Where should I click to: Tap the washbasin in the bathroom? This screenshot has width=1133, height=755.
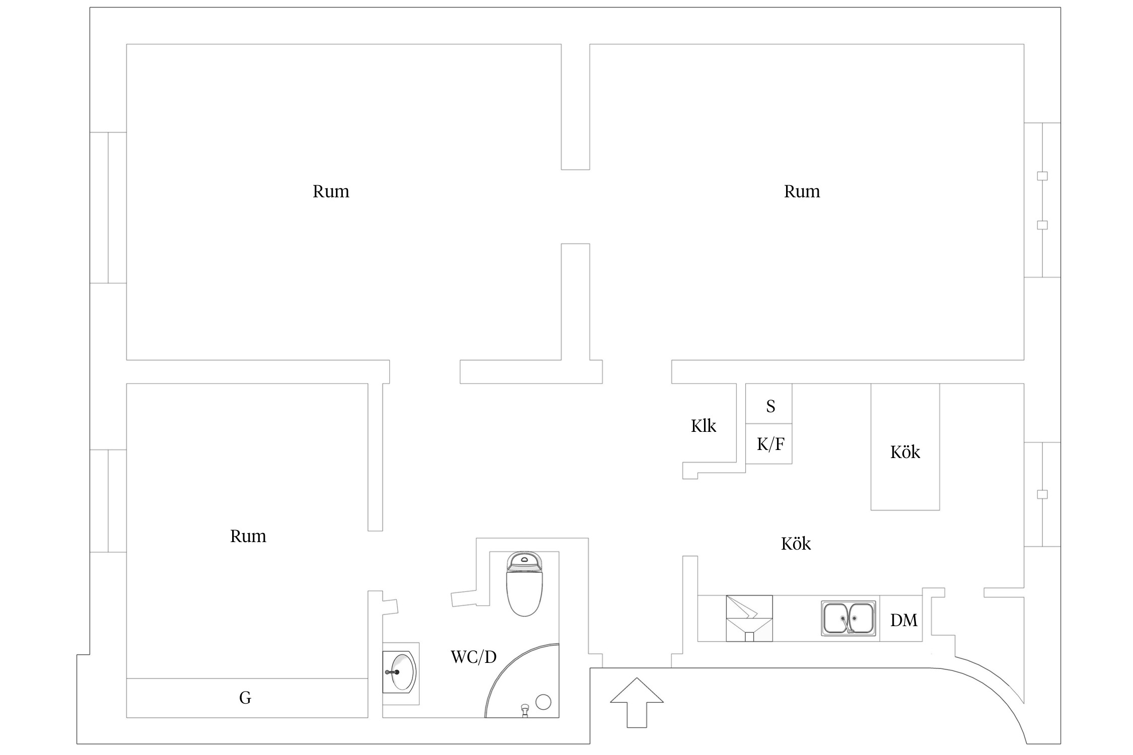400,671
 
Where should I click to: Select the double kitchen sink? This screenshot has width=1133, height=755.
848,618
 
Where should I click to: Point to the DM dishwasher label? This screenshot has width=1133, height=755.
903,620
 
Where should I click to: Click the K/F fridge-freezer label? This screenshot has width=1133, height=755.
770,444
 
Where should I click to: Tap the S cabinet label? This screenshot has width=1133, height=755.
770,406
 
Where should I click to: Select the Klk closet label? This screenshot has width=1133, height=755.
703,426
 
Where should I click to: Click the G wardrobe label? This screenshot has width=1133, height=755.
245,698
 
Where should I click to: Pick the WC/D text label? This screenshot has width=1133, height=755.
473,657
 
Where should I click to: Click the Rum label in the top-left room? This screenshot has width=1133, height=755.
330,191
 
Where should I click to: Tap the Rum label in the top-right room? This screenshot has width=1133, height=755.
801,191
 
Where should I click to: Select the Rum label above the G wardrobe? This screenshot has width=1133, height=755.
248,536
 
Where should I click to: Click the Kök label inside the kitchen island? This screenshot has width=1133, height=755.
904,452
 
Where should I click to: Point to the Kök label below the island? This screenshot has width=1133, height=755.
796,544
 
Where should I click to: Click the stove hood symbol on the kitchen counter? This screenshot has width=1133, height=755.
749,618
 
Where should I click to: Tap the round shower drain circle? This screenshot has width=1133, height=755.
543,702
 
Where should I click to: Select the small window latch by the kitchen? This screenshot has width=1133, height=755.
1042,494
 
